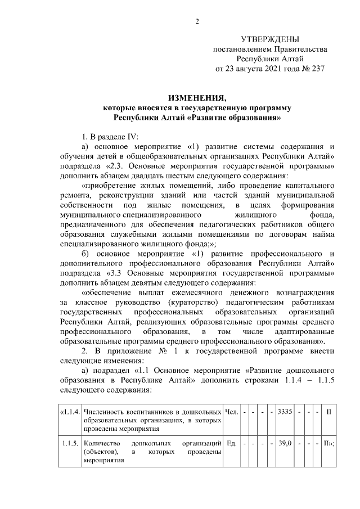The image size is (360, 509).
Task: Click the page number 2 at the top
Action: [x=197, y=22]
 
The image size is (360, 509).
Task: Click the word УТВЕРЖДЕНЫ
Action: [x=269, y=39]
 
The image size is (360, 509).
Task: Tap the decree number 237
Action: [x=317, y=69]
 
